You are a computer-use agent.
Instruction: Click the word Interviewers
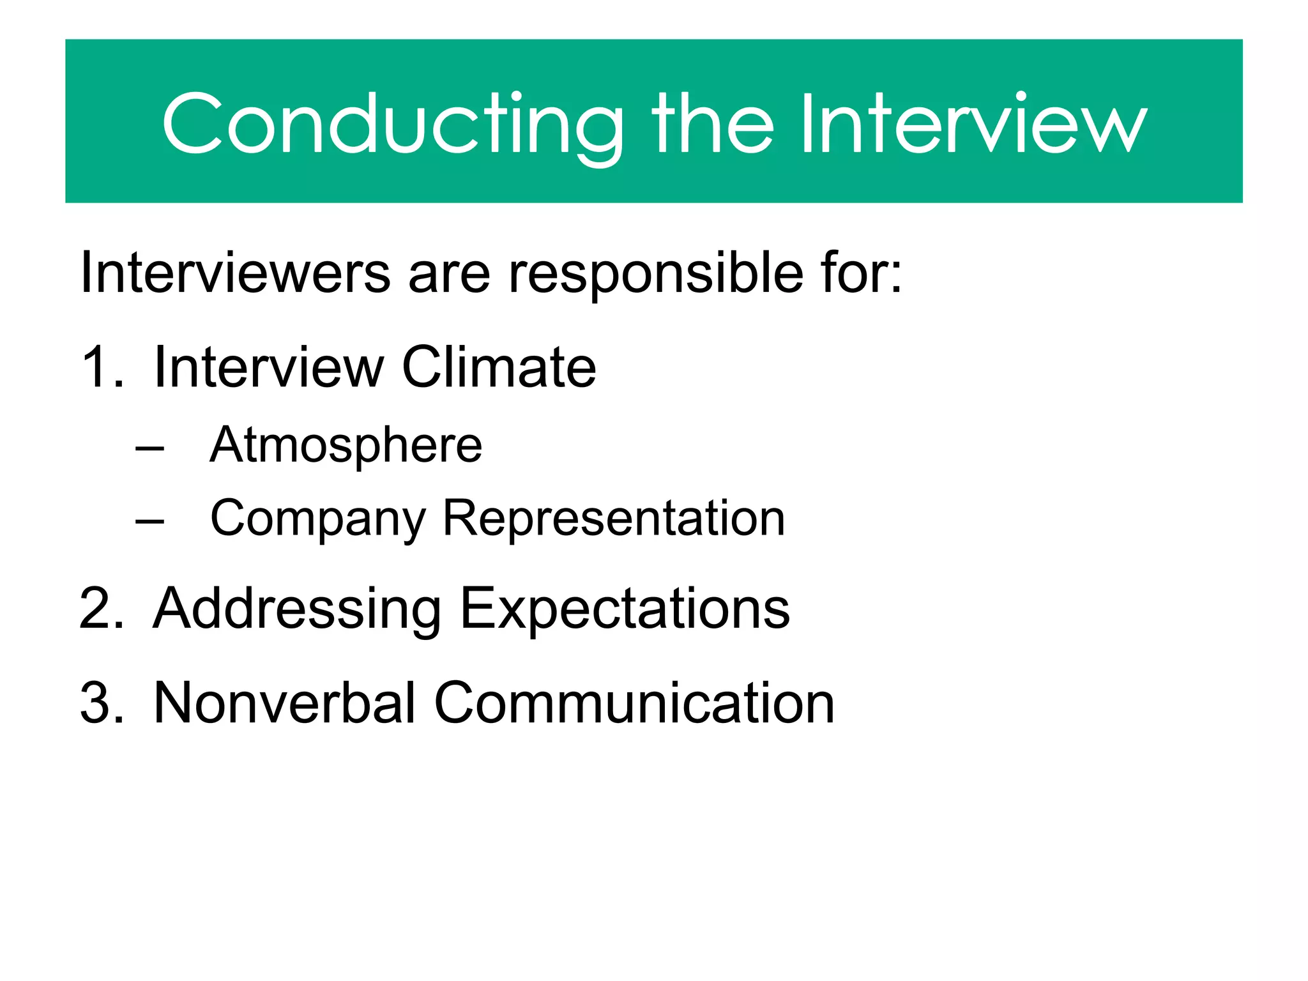(235, 273)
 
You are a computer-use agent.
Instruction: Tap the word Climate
(499, 367)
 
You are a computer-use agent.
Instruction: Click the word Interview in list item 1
(269, 367)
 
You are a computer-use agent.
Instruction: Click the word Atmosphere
(346, 446)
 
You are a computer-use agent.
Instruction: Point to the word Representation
(613, 519)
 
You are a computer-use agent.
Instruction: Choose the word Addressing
(297, 609)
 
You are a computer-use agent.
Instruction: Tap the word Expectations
(625, 609)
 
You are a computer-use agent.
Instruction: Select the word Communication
(634, 703)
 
